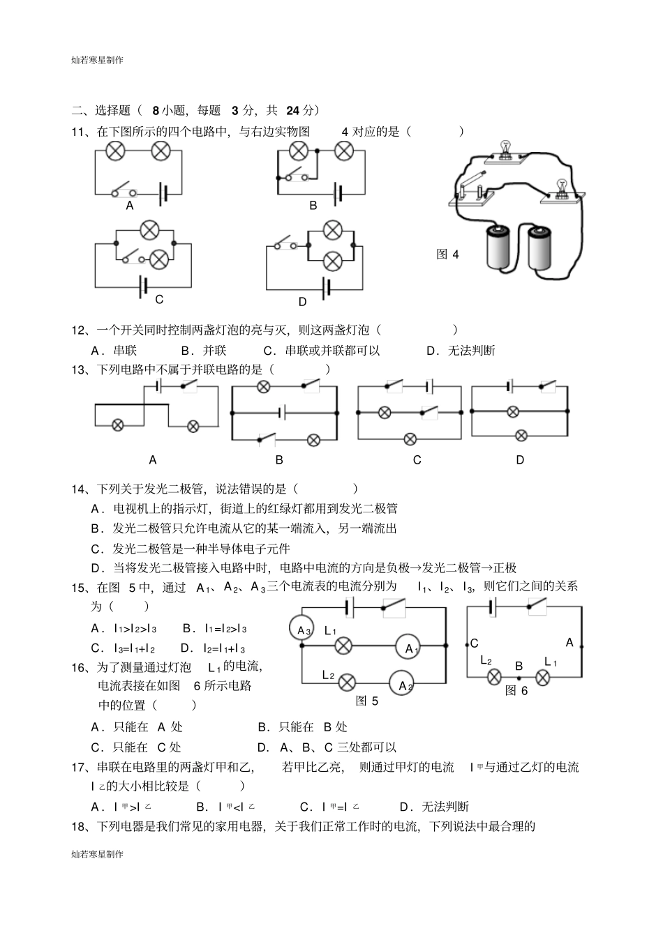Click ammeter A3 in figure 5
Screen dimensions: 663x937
(302, 630)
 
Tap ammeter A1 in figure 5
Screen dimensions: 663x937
(411, 648)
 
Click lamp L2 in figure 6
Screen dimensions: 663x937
(494, 676)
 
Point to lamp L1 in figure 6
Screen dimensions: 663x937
(544, 676)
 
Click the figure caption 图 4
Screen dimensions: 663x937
(447, 254)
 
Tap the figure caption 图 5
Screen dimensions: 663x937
(366, 701)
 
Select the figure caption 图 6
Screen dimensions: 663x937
(516, 690)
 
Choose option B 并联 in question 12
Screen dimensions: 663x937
(204, 350)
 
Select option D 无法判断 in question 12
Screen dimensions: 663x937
(461, 350)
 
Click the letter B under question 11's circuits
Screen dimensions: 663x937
(313, 206)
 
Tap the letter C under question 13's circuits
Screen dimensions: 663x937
(417, 459)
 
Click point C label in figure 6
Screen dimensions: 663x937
(475, 643)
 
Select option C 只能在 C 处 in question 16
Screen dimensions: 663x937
(136, 747)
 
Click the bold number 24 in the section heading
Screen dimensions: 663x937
(292, 110)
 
